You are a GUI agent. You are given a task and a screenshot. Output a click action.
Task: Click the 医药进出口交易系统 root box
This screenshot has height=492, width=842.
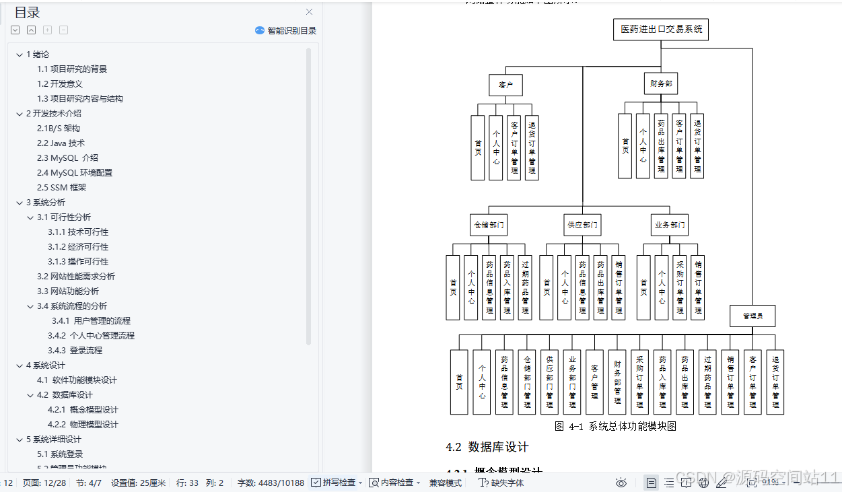click(x=660, y=29)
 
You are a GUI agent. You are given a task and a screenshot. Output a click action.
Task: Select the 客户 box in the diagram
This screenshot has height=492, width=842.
click(x=505, y=85)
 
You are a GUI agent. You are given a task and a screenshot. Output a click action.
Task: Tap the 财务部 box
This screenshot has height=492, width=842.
click(x=660, y=83)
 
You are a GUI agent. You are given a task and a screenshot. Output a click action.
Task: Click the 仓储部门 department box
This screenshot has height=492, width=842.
click(x=488, y=225)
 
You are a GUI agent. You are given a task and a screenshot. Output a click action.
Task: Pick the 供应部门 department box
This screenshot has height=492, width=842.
click(x=582, y=225)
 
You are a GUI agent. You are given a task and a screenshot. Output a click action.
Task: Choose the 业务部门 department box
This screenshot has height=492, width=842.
click(x=670, y=225)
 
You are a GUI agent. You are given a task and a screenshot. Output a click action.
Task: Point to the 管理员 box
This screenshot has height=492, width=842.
click(x=752, y=316)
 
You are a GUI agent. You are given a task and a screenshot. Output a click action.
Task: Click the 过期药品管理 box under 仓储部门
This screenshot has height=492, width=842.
click(x=525, y=287)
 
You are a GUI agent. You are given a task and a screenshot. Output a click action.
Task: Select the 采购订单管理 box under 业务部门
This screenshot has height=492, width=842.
click(x=680, y=287)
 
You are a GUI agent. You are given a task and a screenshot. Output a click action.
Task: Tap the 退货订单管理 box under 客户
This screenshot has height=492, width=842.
click(x=532, y=147)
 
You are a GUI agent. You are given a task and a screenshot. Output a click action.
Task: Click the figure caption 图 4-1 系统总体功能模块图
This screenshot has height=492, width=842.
click(x=615, y=426)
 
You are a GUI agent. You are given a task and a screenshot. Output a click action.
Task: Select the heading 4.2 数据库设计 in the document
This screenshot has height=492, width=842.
click(x=487, y=447)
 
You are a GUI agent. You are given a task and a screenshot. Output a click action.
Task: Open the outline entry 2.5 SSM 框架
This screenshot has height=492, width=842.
click(x=61, y=187)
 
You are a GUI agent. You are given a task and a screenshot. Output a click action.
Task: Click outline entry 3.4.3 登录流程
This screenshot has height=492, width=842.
click(x=75, y=350)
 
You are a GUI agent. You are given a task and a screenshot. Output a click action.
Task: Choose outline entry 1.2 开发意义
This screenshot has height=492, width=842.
click(x=59, y=83)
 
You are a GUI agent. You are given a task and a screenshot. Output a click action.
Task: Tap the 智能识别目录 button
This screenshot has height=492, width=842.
click(x=285, y=30)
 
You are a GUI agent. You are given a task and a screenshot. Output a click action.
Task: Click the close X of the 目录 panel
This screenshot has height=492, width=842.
click(x=309, y=11)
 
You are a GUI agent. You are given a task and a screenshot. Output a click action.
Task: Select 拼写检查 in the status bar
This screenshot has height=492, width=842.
click(x=339, y=483)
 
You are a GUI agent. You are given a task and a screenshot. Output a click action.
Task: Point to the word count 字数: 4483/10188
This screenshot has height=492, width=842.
click(x=271, y=483)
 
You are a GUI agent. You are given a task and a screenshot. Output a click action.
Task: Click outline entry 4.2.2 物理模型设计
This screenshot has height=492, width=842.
click(x=83, y=424)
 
